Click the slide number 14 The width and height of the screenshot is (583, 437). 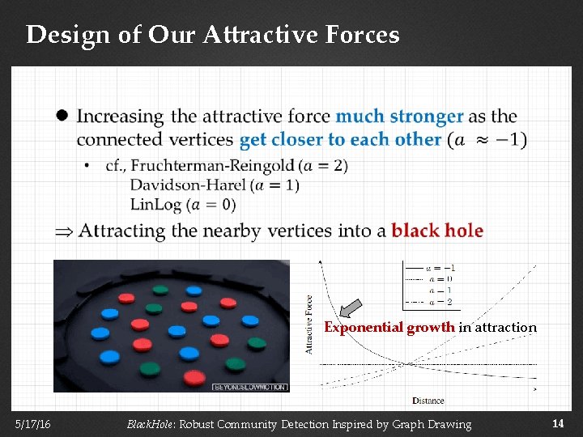(558, 423)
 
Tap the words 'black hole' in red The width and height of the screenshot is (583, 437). (436, 231)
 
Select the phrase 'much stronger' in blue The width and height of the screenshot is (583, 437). (399, 117)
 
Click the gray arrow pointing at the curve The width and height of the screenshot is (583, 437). (350, 308)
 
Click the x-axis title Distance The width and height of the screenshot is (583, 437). (428, 401)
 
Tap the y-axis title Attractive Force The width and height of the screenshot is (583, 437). (309, 324)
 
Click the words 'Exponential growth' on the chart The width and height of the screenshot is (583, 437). (389, 328)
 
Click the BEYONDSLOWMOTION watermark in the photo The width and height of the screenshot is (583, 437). (249, 387)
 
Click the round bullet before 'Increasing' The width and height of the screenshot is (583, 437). (62, 116)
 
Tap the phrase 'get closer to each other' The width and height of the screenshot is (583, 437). (341, 139)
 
